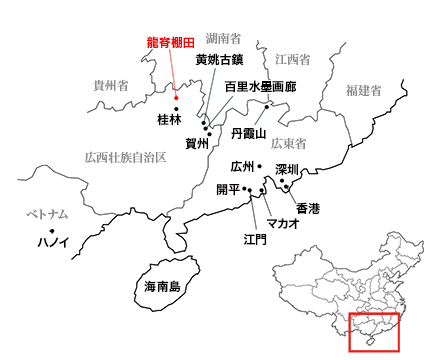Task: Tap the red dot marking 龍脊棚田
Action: [x=175, y=97]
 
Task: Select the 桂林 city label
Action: [x=169, y=120]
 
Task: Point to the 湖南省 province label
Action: [x=222, y=38]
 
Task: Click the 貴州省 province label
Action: [x=110, y=85]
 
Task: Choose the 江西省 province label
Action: [x=293, y=60]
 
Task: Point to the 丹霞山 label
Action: [x=247, y=133]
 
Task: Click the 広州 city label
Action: [x=243, y=166]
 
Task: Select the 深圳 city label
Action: [x=288, y=168]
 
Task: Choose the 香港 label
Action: [x=308, y=208]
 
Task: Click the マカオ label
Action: [x=282, y=223]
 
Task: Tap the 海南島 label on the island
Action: [x=161, y=287]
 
